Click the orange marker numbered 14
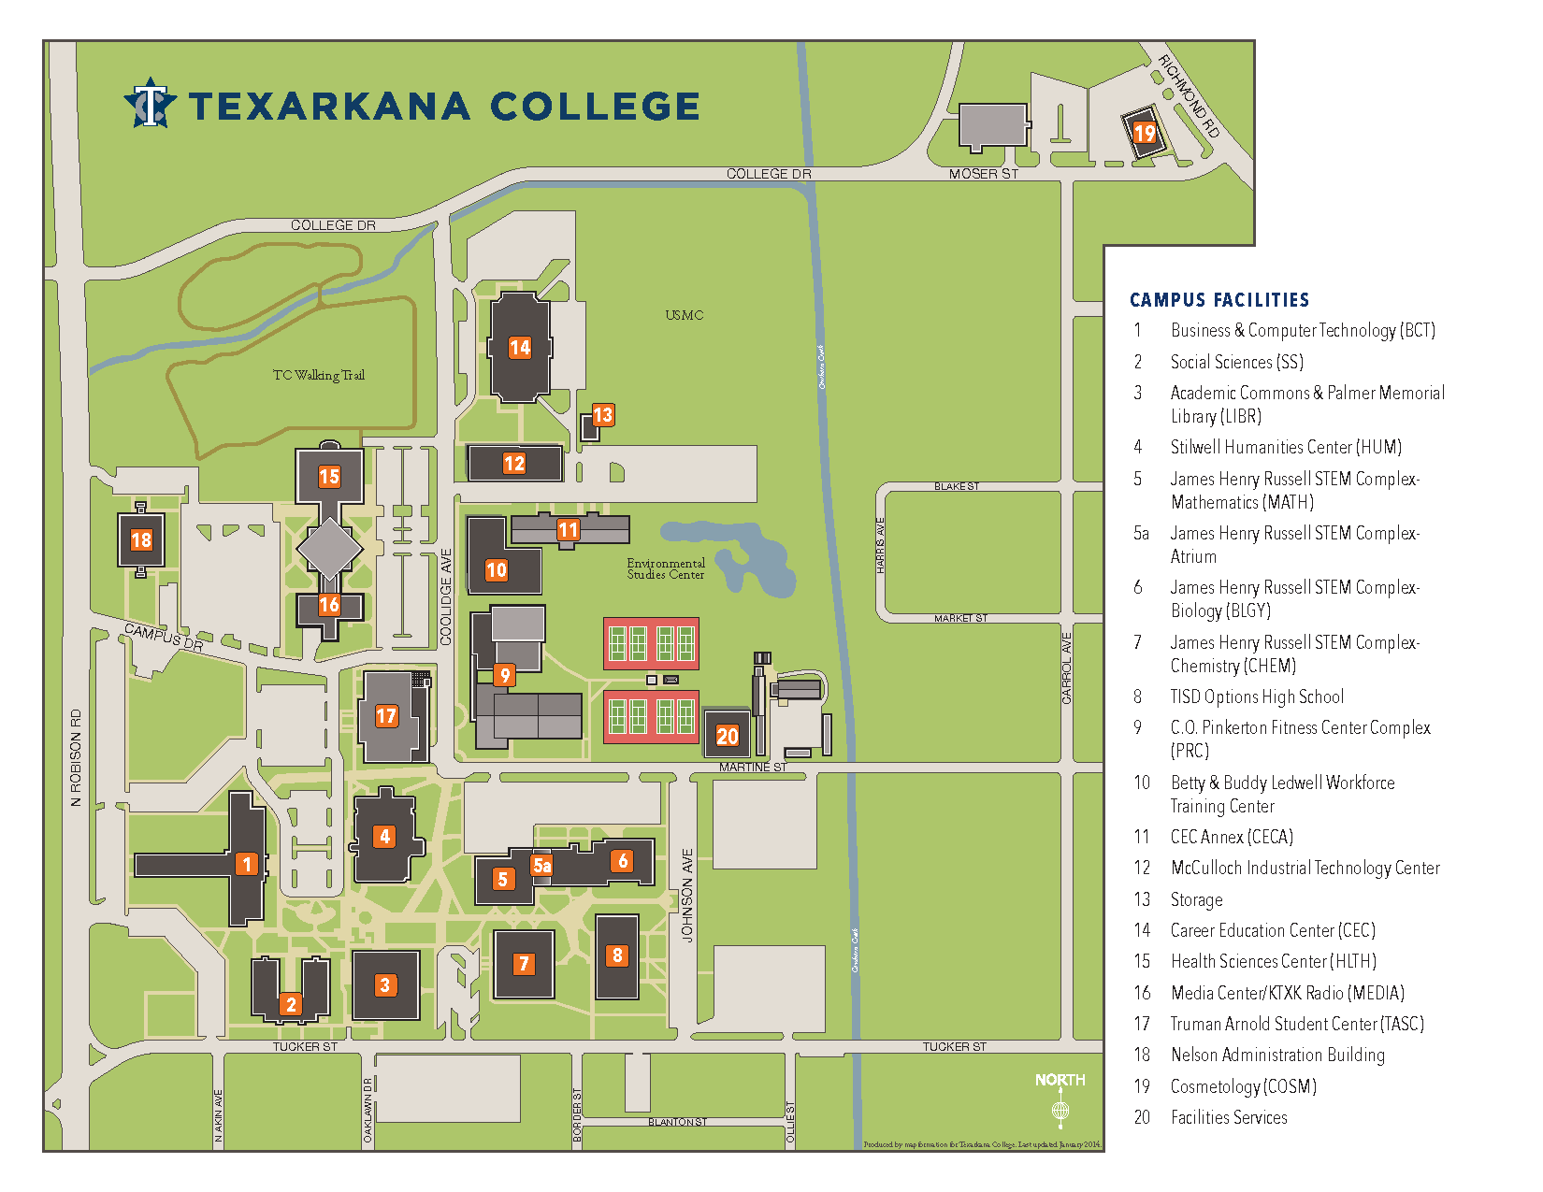tap(520, 348)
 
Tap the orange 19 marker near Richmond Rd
tap(1144, 133)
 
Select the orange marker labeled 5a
tap(541, 866)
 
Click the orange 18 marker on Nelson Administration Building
tap(141, 540)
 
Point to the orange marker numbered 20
tap(728, 736)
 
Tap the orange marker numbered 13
tap(603, 415)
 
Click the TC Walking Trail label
tap(319, 375)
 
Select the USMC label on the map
tap(685, 315)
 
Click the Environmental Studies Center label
tap(666, 568)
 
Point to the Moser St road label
tap(983, 174)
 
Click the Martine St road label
tap(753, 767)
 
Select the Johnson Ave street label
tap(687, 895)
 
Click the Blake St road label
tap(957, 486)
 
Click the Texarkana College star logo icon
tap(150, 103)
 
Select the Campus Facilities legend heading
tap(1219, 300)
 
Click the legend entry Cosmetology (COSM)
tap(1243, 1086)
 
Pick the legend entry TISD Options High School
tap(1257, 697)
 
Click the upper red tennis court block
tap(652, 643)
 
